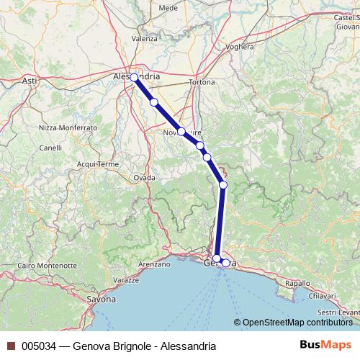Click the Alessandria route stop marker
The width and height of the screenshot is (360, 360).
[135, 77]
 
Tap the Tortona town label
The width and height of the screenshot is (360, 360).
[202, 82]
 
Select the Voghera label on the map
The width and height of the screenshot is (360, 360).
[240, 47]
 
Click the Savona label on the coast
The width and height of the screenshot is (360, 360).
[100, 298]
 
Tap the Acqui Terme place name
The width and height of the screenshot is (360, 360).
[97, 164]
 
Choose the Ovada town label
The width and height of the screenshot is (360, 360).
[144, 177]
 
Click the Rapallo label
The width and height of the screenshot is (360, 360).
[297, 284]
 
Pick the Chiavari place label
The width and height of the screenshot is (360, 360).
[322, 295]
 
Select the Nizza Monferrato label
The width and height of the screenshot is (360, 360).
[68, 127]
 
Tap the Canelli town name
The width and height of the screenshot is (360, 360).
[50, 148]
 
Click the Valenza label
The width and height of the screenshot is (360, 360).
[144, 38]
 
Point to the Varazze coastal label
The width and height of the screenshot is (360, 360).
[125, 279]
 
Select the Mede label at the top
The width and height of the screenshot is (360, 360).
[168, 7]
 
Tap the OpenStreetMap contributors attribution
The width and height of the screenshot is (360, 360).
[295, 322]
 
